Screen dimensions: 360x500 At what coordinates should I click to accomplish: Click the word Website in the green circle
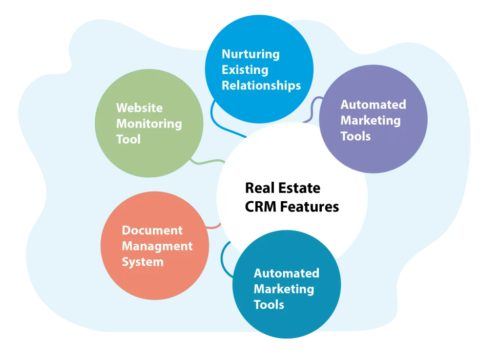point(139,108)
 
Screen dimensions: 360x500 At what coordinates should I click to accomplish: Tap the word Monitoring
point(149,124)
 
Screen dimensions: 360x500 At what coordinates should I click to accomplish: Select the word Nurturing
point(250,54)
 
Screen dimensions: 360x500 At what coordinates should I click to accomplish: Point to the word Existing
point(245,70)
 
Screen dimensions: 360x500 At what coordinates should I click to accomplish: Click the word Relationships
point(261,85)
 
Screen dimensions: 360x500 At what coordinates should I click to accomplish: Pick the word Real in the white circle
point(259,188)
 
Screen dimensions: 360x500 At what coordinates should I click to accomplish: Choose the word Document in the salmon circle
point(152,230)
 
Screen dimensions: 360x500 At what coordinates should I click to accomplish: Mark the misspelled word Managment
point(157,246)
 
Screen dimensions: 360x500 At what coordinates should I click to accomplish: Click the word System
point(143,262)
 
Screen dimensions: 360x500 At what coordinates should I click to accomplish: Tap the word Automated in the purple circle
point(373,105)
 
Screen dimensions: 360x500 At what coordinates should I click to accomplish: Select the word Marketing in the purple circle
point(370,120)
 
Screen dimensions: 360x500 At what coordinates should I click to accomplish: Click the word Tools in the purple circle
point(355,136)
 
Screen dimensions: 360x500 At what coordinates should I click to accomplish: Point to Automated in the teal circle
point(286,273)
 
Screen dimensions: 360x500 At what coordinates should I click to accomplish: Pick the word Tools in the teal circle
point(269,305)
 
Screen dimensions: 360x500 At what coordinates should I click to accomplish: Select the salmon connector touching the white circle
point(214,226)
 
